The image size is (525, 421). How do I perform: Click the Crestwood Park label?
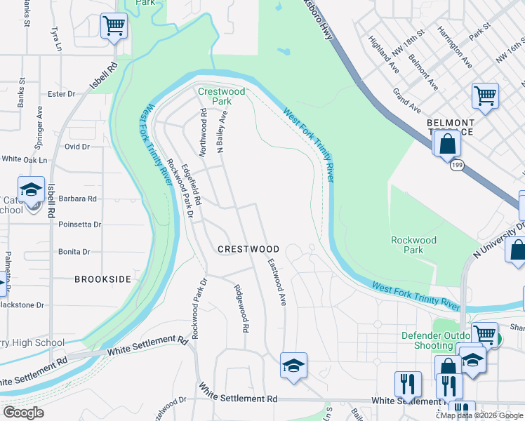(221, 96)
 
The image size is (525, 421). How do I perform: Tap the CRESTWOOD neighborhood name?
(248, 249)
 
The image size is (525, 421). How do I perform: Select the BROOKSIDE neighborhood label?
(103, 279)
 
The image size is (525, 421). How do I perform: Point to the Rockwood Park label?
(413, 245)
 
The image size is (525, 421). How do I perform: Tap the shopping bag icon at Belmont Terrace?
(446, 145)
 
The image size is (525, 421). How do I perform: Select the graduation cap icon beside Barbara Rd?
(31, 190)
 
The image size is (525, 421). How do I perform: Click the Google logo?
(23, 413)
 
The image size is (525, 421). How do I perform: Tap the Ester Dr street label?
(61, 94)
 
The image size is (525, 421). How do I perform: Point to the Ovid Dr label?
(77, 147)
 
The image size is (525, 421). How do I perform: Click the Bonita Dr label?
(75, 251)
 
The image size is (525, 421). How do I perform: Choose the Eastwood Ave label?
(277, 281)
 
